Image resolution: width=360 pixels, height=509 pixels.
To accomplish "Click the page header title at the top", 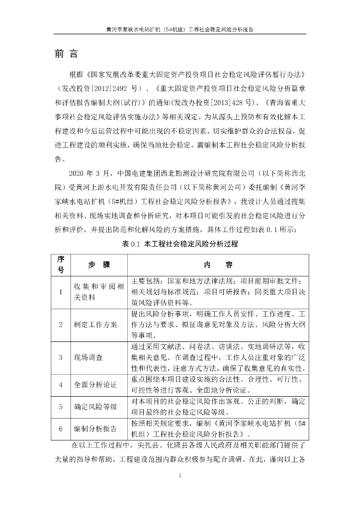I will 180,29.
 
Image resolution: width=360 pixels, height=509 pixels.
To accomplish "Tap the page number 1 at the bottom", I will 180,476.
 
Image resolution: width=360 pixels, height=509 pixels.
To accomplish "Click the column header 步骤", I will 99,265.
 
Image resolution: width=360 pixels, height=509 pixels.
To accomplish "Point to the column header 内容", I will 218,265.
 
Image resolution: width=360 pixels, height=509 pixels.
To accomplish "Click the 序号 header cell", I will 61,265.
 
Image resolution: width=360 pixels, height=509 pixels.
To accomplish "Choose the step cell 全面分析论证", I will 95,384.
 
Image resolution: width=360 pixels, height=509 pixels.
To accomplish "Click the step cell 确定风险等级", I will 95,407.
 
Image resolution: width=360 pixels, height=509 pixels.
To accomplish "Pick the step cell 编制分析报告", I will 95,428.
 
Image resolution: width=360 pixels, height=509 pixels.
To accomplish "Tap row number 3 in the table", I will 61,357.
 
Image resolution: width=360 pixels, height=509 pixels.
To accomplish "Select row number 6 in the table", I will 61,428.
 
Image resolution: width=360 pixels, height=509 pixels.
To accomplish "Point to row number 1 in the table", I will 61,292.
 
